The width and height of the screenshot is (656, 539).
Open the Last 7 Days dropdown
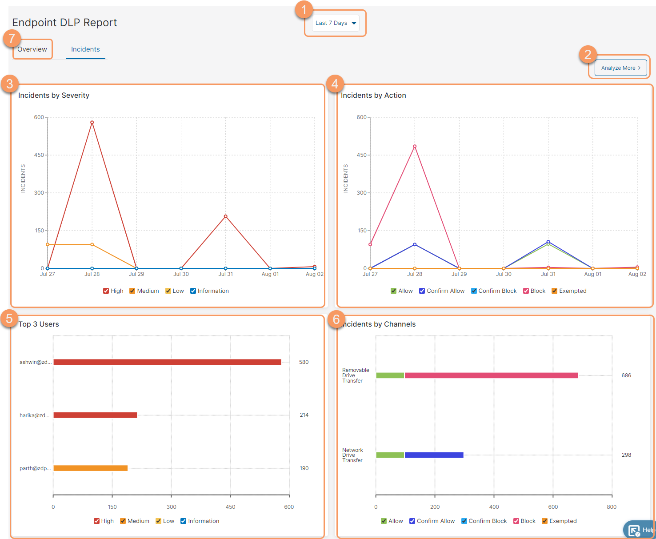[336, 23]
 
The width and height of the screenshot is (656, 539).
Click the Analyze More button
[620, 68]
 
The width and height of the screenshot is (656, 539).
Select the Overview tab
[32, 49]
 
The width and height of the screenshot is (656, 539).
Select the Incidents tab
[85, 49]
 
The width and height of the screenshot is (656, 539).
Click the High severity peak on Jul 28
[92, 122]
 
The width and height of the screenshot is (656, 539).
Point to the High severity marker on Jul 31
[225, 216]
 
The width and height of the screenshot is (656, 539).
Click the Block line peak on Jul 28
[415, 146]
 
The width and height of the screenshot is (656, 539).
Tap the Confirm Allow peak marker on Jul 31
[548, 242]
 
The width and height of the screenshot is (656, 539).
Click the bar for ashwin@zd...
[167, 362]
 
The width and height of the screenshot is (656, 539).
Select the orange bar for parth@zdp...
[90, 468]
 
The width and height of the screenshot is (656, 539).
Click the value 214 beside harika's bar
[304, 415]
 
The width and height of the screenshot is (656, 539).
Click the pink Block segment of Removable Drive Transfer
[491, 375]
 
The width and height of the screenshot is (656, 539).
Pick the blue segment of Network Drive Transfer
[434, 455]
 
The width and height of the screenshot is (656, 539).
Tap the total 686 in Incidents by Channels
[626, 375]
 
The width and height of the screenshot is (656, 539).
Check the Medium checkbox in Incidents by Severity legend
[132, 291]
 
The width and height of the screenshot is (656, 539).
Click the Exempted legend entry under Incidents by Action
[569, 291]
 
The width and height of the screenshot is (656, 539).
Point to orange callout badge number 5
[9, 319]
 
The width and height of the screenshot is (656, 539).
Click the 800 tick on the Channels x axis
[612, 507]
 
